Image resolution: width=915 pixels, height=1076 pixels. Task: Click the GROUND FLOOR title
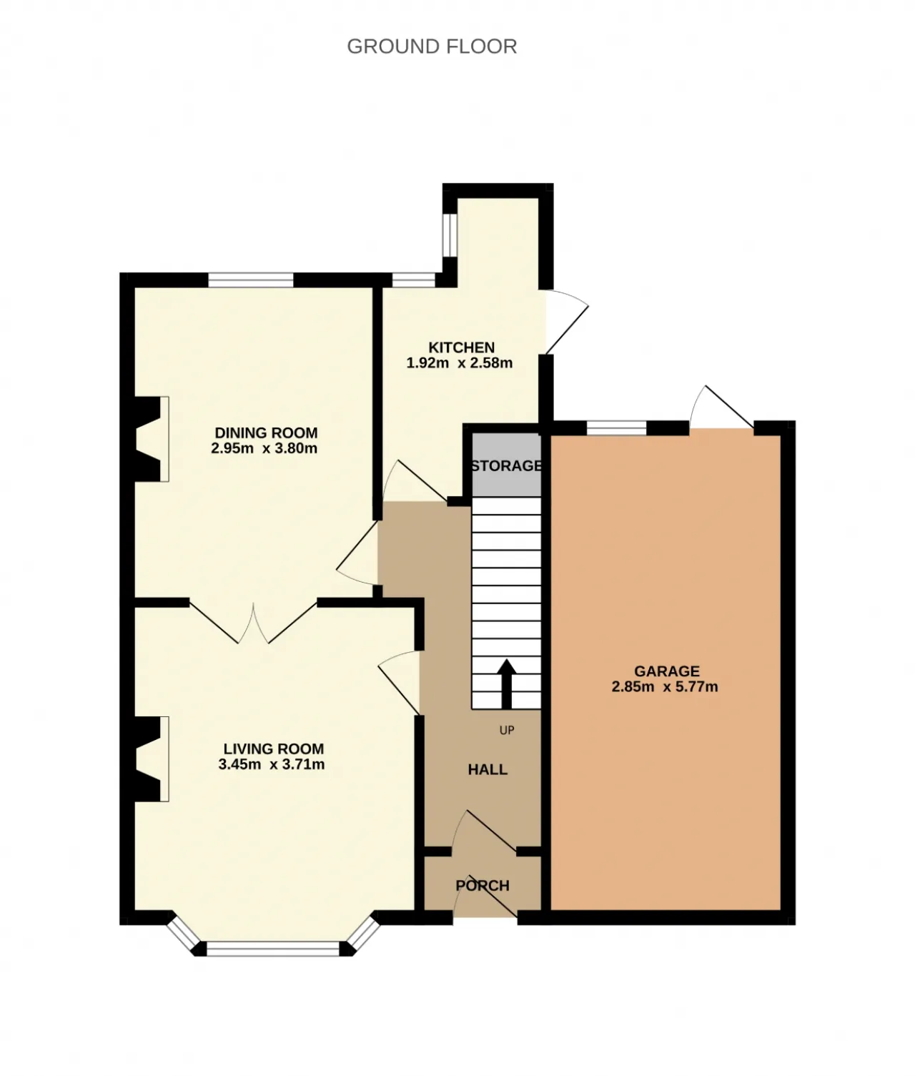(432, 46)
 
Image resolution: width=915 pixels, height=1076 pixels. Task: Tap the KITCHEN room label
(461, 347)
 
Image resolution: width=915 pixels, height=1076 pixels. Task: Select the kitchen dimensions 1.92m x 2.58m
(459, 362)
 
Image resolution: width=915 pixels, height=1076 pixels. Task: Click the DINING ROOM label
(266, 433)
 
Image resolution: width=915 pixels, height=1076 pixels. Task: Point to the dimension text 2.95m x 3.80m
(264, 448)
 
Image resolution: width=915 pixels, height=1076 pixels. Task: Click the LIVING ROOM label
(274, 749)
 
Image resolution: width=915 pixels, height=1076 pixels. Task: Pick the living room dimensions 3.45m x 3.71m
(271, 764)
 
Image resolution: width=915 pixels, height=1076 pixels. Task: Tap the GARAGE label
(667, 671)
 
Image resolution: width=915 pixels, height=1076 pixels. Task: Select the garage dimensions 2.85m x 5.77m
(665, 686)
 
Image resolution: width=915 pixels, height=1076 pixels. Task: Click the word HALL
(488, 769)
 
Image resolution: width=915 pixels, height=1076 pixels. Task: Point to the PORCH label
(483, 886)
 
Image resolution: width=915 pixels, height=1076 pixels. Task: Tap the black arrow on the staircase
(507, 683)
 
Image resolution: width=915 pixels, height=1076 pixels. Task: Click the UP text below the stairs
(506, 731)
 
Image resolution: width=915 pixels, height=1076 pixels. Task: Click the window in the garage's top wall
(617, 428)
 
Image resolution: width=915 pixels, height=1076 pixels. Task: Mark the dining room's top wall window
(251, 280)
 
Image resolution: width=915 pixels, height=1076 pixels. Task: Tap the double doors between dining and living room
(254, 622)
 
